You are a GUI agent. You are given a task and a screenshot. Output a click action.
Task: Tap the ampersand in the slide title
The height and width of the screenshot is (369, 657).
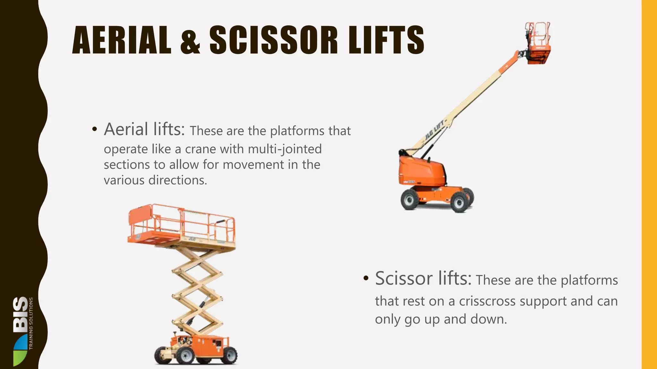tap(190, 41)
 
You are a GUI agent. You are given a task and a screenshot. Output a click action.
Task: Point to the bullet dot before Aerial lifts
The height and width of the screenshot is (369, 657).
tap(94, 129)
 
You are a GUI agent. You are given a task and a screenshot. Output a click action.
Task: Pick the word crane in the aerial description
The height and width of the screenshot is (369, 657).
tap(201, 149)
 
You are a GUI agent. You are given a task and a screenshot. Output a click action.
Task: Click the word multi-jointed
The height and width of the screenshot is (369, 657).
tap(285, 149)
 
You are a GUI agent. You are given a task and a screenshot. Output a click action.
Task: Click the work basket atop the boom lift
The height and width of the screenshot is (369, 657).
tap(539, 43)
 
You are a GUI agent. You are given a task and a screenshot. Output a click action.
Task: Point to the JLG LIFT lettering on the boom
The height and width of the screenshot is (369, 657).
tap(434, 130)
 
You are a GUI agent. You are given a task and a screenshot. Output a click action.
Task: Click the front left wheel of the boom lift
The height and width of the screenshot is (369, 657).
tap(410, 200)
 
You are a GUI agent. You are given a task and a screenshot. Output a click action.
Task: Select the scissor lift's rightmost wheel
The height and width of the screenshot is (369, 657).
tap(229, 355)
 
